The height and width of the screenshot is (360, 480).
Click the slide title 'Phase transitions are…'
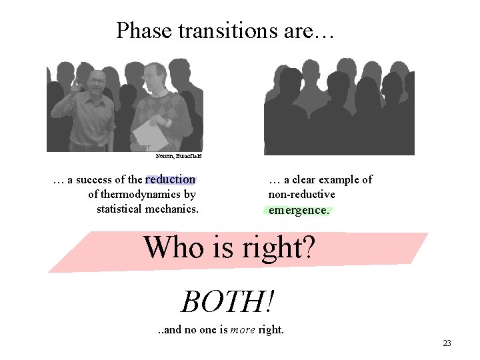(x=226, y=31)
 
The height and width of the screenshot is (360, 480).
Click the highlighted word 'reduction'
(x=170, y=179)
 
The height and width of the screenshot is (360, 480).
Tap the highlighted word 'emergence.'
(x=299, y=210)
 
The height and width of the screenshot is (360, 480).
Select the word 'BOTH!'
(x=227, y=301)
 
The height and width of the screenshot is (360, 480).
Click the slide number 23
(x=447, y=343)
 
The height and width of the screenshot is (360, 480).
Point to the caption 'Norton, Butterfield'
(x=178, y=156)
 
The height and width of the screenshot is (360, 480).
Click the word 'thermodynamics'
(x=141, y=195)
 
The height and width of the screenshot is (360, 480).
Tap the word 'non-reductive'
(x=301, y=195)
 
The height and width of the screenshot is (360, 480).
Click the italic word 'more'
(x=242, y=329)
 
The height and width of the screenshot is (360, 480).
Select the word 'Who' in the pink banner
(x=167, y=248)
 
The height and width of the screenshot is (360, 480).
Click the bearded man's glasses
(x=97, y=81)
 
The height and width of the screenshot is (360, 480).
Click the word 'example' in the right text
(x=334, y=179)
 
